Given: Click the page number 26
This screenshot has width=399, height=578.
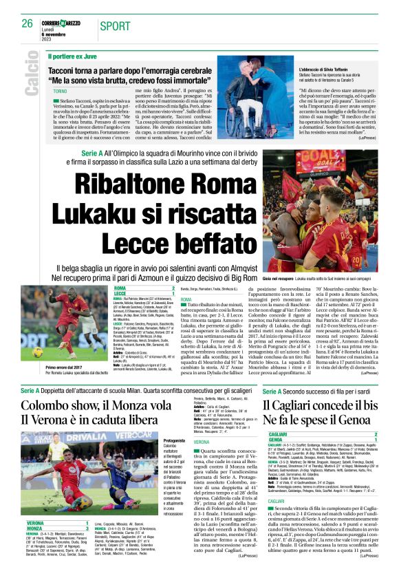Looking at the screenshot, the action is [x=28, y=23].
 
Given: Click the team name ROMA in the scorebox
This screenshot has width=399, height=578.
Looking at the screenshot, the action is [x=120, y=288].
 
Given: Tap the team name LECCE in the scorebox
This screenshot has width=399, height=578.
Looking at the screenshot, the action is [x=120, y=294].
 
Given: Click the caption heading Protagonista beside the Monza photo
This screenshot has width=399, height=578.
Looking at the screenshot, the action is [x=173, y=440].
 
